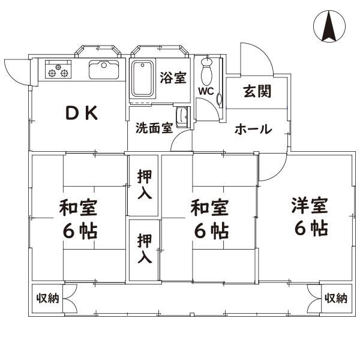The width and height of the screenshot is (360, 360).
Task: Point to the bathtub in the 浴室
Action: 143,78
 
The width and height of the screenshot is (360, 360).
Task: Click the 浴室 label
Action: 173,77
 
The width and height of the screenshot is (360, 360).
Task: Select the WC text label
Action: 206,92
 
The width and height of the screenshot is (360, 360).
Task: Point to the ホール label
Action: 253,129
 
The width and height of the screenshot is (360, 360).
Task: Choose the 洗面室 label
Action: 154,128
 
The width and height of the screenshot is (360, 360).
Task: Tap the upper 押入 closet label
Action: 145,185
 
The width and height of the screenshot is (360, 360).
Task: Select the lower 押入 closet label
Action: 145,249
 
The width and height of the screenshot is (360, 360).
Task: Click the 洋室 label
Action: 310,206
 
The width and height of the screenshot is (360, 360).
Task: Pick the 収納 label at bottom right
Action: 336,298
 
